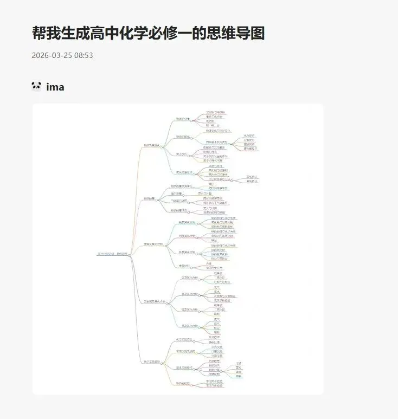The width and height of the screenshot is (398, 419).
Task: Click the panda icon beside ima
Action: tap(36, 86)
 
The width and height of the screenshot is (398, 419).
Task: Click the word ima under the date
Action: tap(55, 87)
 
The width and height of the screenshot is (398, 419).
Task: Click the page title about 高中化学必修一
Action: tap(148, 33)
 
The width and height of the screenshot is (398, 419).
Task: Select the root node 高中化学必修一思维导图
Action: tap(112, 254)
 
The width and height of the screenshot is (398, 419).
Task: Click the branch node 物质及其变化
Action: tap(151, 145)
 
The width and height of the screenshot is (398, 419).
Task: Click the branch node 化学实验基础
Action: tap(151, 362)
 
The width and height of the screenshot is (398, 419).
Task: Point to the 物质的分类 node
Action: tap(183, 119)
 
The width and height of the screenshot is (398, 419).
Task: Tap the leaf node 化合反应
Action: tap(249, 136)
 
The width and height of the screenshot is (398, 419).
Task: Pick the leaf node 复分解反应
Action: tap(251, 149)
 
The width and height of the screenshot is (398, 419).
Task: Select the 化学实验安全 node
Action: tap(184, 339)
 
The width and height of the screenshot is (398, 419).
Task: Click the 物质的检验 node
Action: tap(183, 383)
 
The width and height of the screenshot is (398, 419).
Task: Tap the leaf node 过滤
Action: tap(239, 363)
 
